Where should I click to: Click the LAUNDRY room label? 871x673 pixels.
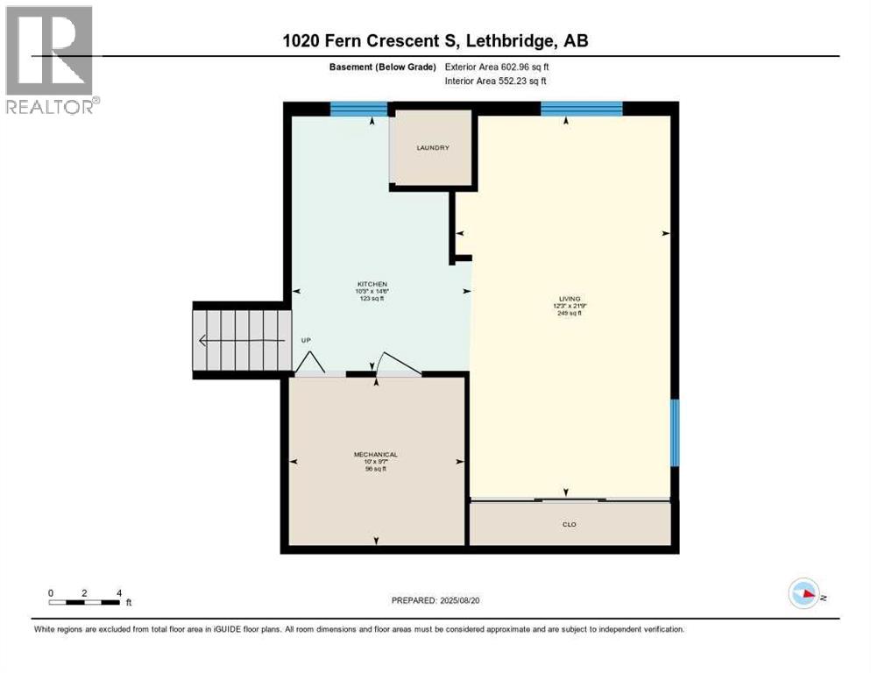pos(433,148)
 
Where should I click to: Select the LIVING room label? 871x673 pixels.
pos(570,299)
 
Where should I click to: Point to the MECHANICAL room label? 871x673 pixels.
pos(375,454)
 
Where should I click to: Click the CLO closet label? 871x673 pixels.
pos(570,524)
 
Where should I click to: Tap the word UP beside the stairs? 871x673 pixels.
pos(306,339)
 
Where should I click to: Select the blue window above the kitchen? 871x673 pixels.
pos(358,110)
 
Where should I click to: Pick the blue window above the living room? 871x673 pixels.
pos(581,110)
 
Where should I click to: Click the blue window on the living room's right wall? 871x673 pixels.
pos(675,433)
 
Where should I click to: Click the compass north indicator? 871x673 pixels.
pos(804,594)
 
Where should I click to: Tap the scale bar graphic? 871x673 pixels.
pos(84,602)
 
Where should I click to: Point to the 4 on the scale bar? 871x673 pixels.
pos(118,592)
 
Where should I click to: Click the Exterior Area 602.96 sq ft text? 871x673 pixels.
pos(497,67)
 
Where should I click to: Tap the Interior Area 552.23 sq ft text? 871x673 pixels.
pos(496,81)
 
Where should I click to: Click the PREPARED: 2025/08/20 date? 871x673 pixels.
pos(435,600)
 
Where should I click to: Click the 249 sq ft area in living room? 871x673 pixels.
pos(570,313)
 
